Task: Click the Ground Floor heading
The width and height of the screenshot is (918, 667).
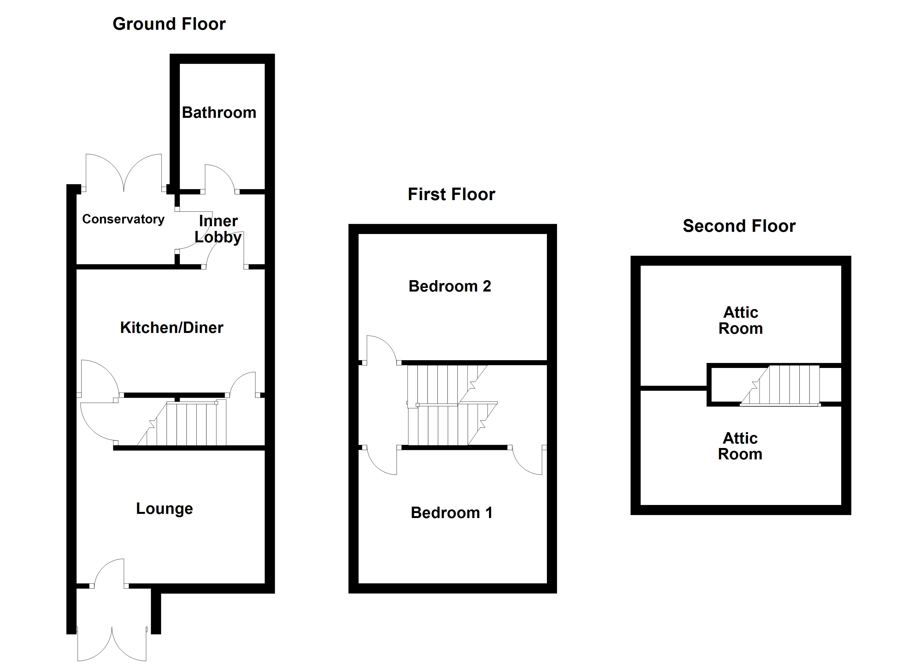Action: click(169, 24)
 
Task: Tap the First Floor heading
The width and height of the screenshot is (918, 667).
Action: click(451, 194)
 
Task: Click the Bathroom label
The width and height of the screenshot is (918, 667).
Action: click(219, 113)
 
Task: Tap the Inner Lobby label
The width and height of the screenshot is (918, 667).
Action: click(218, 229)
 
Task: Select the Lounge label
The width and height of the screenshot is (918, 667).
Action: click(164, 508)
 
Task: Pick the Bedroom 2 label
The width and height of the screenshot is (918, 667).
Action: click(450, 286)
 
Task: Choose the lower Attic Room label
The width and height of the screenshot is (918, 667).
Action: click(740, 446)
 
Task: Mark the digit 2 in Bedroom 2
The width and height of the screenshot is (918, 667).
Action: click(487, 286)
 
